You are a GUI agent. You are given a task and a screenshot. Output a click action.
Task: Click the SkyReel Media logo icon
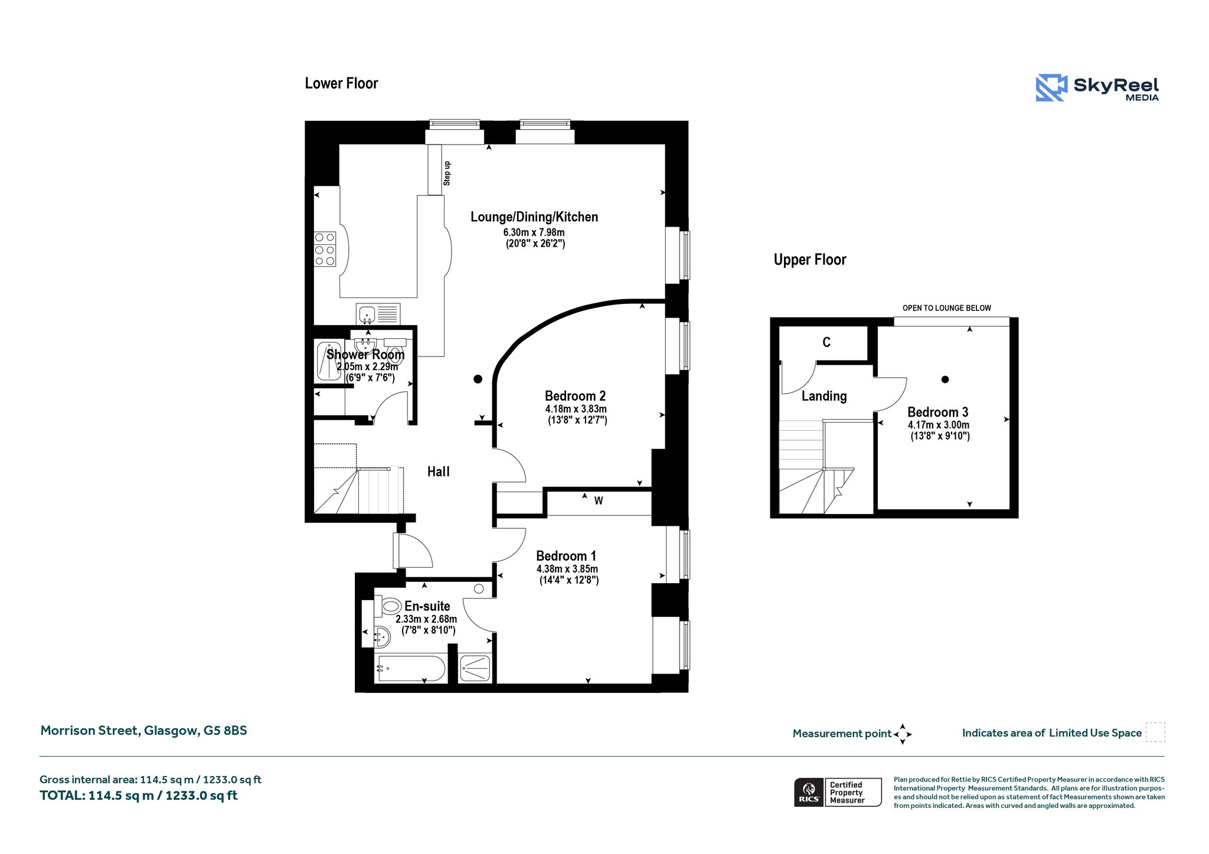[x=1051, y=88]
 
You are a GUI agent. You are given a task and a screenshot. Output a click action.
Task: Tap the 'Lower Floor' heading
[x=341, y=83]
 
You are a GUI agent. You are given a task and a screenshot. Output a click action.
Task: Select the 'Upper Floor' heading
[x=810, y=260]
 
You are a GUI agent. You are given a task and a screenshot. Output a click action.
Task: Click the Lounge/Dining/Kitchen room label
[x=534, y=217]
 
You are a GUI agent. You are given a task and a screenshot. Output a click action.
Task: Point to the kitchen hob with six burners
[x=325, y=248]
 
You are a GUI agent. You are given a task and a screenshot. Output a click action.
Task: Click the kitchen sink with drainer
[x=378, y=313]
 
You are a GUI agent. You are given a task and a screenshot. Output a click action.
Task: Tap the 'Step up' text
[x=447, y=174]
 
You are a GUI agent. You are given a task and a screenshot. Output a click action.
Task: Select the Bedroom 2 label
[x=575, y=396]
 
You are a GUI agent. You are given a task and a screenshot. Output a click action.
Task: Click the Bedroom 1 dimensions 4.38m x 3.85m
[x=567, y=569]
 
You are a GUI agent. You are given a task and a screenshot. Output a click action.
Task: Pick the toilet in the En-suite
[x=388, y=606]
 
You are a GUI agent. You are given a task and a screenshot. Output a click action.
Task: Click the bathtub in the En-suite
[x=411, y=669]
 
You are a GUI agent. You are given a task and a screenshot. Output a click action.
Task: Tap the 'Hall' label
[x=439, y=472]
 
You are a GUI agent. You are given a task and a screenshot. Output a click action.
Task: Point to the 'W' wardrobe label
[x=599, y=501]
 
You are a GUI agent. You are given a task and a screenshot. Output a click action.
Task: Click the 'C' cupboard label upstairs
[x=826, y=342]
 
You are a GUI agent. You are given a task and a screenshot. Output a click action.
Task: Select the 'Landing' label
[x=824, y=396]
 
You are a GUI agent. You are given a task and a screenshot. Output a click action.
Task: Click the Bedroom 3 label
[x=938, y=412]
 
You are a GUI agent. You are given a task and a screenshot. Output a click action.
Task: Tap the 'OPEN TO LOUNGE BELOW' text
[x=947, y=308]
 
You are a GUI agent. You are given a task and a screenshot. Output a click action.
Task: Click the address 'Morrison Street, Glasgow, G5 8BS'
[x=143, y=731]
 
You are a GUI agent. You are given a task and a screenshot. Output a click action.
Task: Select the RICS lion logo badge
[x=809, y=792]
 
